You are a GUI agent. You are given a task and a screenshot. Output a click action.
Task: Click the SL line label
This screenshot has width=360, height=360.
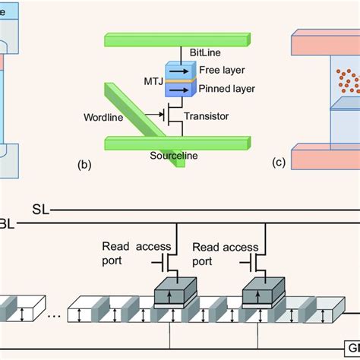(x=41, y=208)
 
